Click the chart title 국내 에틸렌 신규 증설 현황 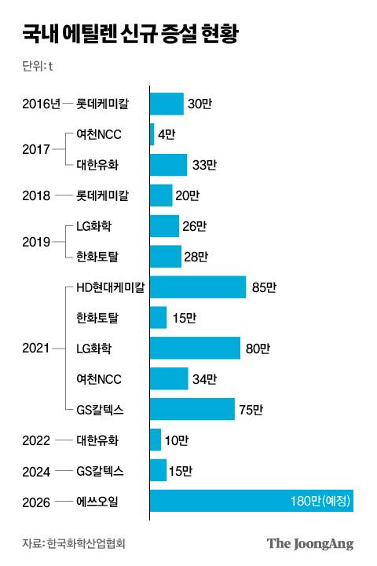click(x=130, y=35)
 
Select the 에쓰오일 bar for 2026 click(x=251, y=501)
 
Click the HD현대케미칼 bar click(x=198, y=287)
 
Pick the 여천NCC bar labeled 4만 click(x=152, y=134)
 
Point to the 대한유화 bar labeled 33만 click(x=168, y=165)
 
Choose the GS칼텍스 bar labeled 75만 click(x=192, y=409)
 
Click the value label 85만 click(x=264, y=287)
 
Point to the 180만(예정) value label click(x=319, y=501)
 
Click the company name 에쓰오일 click(x=100, y=501)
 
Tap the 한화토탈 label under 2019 click(x=100, y=257)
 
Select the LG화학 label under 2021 click(x=94, y=348)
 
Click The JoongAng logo click(x=310, y=543)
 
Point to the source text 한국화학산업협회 click(x=86, y=543)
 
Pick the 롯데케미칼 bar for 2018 click(x=161, y=195)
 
